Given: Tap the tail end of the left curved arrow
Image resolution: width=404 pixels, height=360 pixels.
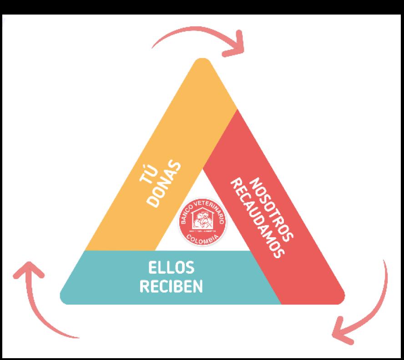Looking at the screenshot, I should (x=78, y=336).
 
